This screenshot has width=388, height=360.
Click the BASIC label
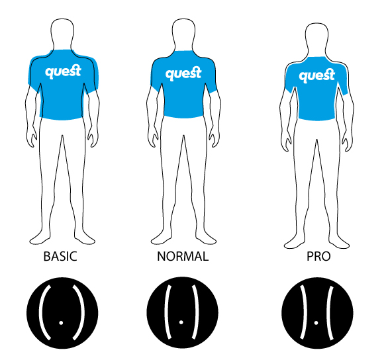60,256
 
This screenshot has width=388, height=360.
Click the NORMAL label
183,256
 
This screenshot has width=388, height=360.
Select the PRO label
318,256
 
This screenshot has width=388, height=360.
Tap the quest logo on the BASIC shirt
63,71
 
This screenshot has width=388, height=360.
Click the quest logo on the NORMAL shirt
183,73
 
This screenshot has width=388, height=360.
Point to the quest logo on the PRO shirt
316,75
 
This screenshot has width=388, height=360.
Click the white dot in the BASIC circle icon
61,323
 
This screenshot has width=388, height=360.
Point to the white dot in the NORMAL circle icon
181,322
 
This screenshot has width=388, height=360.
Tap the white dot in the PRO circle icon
316,323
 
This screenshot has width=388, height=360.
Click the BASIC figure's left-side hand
32,137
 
